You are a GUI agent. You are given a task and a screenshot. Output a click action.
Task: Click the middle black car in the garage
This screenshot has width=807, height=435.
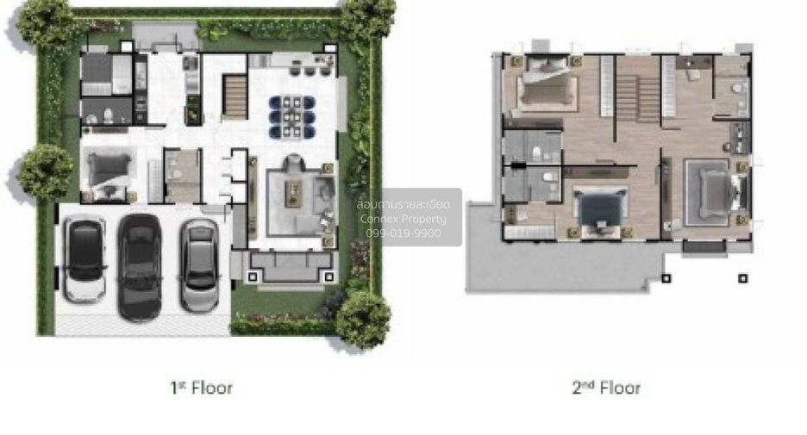140,267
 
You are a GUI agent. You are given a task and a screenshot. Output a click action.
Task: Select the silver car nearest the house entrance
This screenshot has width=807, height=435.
200,266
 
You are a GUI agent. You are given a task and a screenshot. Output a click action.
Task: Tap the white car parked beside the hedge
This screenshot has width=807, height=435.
84,260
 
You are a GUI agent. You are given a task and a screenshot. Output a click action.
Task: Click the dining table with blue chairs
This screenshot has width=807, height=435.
291,117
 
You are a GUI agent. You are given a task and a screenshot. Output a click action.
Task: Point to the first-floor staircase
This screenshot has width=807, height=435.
235,96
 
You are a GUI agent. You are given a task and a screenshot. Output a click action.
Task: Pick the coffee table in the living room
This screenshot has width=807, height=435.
294,194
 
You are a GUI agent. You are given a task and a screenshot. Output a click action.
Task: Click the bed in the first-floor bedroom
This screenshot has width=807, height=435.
109,171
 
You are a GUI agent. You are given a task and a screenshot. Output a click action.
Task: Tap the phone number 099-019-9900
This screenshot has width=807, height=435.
403,233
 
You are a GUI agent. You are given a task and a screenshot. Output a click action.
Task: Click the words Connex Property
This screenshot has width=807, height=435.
403,219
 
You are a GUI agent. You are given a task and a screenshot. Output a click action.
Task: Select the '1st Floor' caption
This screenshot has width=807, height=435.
201,387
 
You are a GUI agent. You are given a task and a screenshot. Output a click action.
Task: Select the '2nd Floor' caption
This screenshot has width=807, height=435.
606,387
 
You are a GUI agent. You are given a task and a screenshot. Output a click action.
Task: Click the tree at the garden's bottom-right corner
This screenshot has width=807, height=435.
363,320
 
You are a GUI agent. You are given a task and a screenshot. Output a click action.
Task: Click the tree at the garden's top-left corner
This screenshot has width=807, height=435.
47,23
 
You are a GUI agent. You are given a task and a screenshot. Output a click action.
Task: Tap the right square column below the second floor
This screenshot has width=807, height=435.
742,278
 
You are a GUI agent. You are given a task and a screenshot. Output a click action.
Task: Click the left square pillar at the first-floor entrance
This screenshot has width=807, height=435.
253,277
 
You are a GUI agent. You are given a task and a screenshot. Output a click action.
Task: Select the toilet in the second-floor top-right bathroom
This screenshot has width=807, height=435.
739,88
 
